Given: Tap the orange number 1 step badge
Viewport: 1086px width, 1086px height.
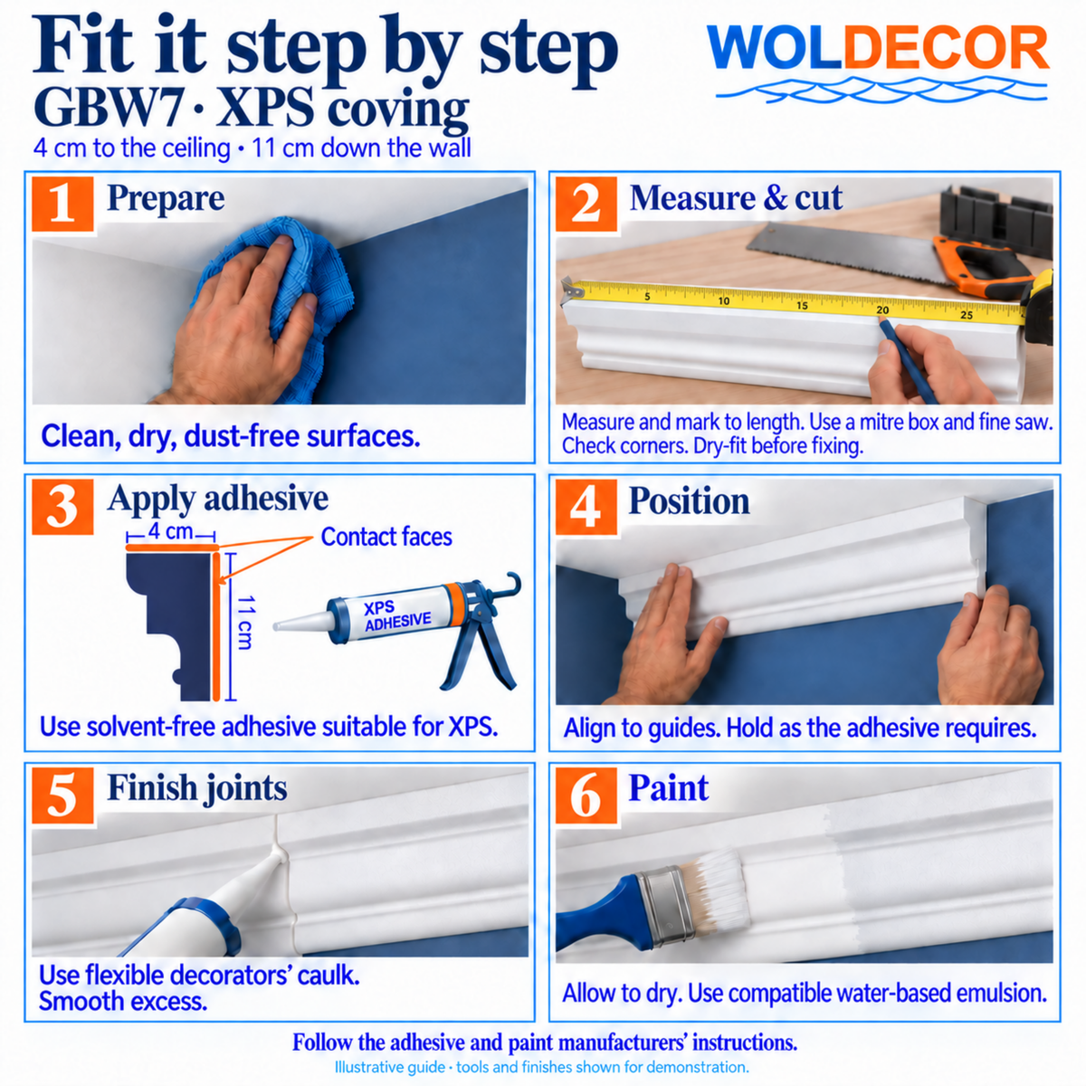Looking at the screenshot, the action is click(x=62, y=204).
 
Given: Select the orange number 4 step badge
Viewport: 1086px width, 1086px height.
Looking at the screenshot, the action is click(x=586, y=507).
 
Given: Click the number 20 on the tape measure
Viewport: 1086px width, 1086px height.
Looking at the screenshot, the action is click(x=882, y=310).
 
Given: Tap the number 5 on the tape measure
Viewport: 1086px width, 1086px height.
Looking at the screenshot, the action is click(x=647, y=297).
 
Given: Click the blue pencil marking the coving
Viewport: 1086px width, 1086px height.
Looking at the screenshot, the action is click(x=908, y=361).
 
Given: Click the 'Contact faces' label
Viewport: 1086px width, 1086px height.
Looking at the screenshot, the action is click(x=386, y=537).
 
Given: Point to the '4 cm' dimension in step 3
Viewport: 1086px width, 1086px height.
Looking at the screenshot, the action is click(x=171, y=531).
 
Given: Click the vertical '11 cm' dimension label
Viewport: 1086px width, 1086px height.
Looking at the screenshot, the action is click(x=244, y=622).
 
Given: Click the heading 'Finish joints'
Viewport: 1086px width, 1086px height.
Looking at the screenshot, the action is click(x=197, y=788).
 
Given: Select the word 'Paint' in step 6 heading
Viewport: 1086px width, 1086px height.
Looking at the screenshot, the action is click(x=669, y=788).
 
